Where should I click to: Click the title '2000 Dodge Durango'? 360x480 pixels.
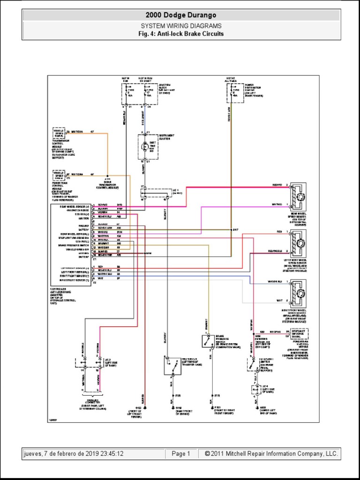click(180, 15)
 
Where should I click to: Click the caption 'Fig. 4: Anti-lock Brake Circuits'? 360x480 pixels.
click(180, 34)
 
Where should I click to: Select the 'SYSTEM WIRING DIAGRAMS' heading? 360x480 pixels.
click(180, 26)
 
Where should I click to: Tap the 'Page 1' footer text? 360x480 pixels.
click(181, 454)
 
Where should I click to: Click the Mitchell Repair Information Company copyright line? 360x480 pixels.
click(271, 454)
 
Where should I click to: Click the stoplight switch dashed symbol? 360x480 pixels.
click(254, 364)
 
